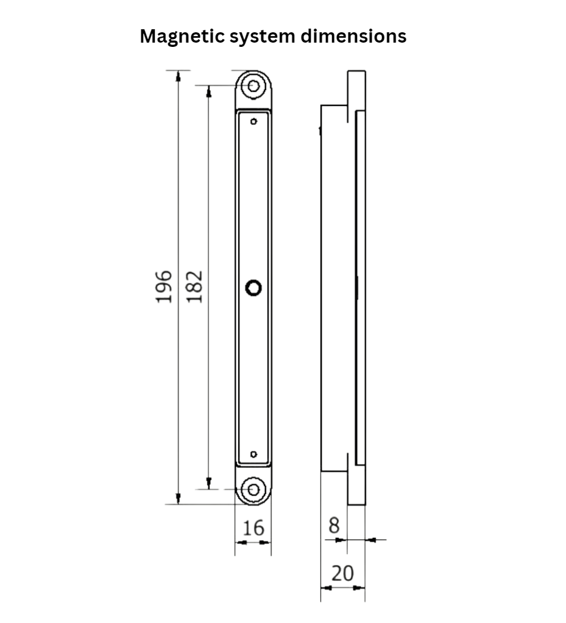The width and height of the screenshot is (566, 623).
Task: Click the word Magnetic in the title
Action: tap(181, 37)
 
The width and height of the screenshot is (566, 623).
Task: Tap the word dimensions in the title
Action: tap(354, 37)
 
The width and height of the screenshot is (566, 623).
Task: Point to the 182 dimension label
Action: tap(194, 287)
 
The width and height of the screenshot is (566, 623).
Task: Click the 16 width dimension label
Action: tap(253, 528)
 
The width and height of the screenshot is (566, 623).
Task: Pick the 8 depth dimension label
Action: tap(333, 526)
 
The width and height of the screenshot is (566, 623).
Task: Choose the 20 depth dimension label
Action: tap(342, 573)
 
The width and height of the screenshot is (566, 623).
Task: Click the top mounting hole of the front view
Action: tap(253, 85)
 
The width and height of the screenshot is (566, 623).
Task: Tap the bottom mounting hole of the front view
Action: tap(253, 489)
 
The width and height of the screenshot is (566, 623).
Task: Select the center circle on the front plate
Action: tap(253, 287)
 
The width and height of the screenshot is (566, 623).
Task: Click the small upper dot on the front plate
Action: tap(253, 121)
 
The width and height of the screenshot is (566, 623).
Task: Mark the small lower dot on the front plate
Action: tap(253, 454)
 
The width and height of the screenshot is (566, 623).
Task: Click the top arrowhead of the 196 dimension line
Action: tap(178, 76)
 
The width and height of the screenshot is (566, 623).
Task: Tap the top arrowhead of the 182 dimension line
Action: tap(208, 91)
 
